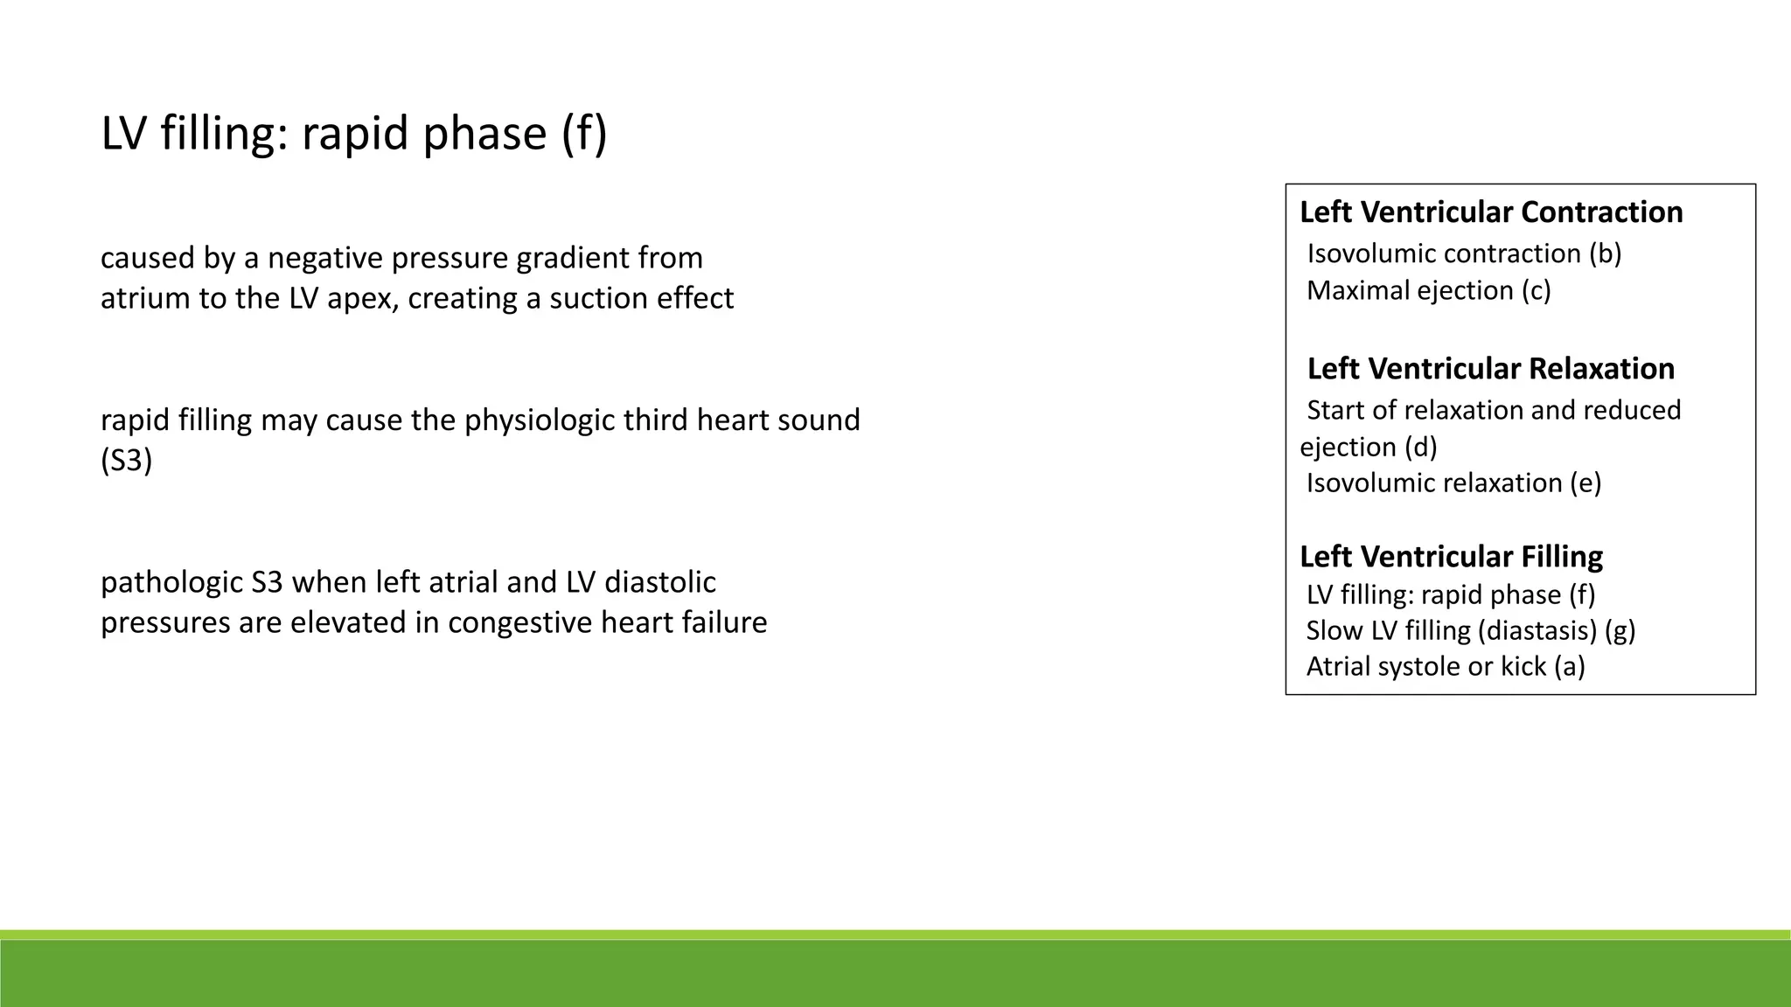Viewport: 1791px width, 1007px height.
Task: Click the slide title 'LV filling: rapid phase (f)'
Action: (x=353, y=134)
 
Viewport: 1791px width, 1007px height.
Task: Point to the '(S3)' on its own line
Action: (x=127, y=461)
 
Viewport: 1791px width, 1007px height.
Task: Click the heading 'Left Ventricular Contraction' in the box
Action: (x=1491, y=212)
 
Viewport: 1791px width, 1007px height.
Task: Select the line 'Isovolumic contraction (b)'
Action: (x=1464, y=253)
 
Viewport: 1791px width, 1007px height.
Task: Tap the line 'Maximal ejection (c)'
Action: (x=1428, y=290)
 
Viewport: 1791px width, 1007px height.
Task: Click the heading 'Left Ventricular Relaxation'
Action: (x=1490, y=369)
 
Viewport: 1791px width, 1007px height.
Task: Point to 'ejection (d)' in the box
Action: (x=1369, y=447)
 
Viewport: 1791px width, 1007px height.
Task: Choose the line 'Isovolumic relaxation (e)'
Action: (x=1453, y=483)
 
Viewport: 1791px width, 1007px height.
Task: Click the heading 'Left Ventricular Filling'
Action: (x=1451, y=557)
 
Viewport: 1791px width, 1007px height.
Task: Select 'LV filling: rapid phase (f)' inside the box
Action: (x=1450, y=594)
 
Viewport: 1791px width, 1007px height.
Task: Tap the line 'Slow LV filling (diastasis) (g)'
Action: (x=1470, y=630)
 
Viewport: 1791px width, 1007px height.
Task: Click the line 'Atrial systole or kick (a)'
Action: (x=1446, y=666)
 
